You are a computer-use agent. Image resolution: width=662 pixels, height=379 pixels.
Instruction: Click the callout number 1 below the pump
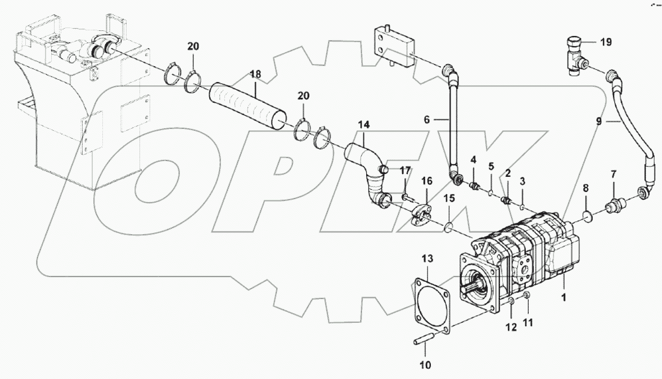(x=563, y=295)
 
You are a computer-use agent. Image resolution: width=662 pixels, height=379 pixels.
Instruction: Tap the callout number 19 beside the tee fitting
(x=605, y=42)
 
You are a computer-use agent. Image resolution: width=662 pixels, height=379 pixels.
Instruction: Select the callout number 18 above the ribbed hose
(x=255, y=75)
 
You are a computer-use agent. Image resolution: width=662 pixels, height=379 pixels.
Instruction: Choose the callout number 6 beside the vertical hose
(x=427, y=119)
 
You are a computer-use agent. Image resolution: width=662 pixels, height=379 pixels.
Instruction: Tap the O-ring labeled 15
(x=449, y=227)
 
